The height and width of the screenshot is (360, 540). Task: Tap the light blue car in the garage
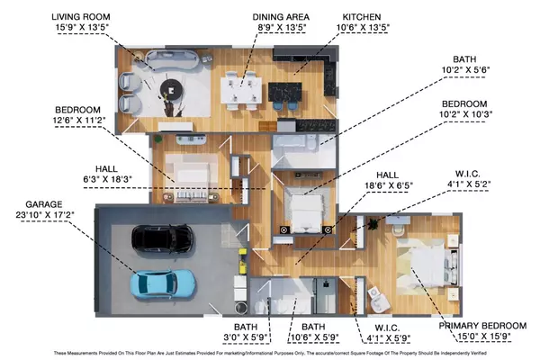pos(162,283)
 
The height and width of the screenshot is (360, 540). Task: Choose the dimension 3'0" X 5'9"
pos(246,337)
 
